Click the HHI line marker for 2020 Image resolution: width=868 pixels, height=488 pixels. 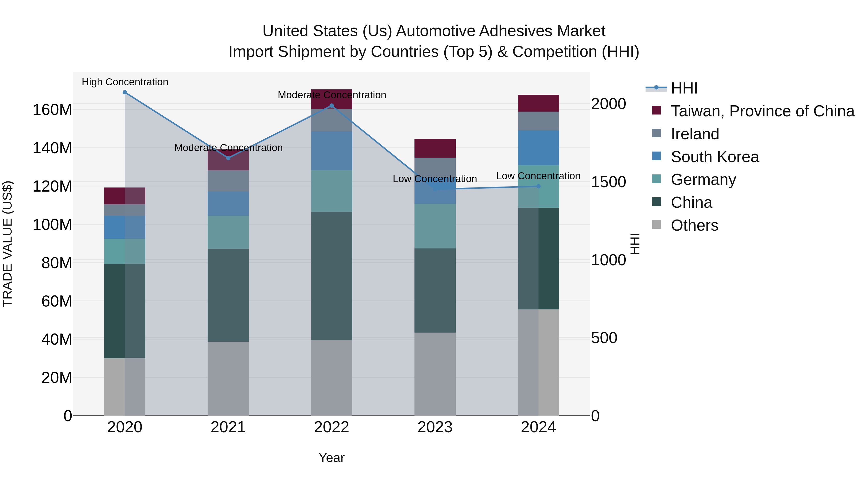[125, 92]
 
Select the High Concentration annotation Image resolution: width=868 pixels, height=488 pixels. [125, 82]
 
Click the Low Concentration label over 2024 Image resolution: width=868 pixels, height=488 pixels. [538, 176]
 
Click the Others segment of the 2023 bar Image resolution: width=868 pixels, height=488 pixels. [435, 374]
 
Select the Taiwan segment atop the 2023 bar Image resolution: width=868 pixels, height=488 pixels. [435, 148]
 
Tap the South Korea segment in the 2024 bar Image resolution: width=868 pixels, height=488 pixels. [538, 147]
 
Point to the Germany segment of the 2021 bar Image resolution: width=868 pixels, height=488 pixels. [228, 232]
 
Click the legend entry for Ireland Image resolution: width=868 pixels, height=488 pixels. [695, 134]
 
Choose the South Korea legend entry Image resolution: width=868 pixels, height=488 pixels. [715, 157]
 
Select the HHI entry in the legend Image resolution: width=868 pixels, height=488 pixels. [684, 88]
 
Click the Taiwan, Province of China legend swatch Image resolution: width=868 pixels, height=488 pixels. [656, 110]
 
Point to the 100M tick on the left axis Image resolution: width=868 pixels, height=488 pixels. [52, 225]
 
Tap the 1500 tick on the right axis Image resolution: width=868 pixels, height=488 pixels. [608, 182]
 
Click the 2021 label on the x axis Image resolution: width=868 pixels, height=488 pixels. [228, 427]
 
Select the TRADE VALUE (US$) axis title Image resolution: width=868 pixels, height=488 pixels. [7, 244]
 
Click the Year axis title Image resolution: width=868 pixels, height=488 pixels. [332, 458]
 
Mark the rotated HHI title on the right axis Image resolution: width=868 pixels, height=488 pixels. [635, 244]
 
